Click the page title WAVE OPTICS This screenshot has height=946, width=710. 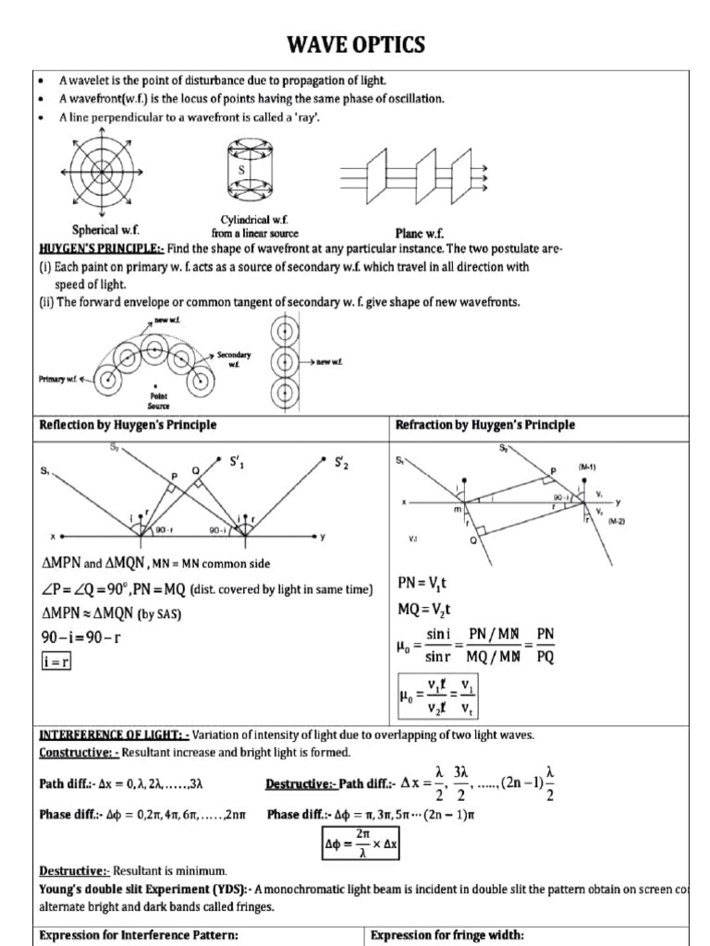(x=355, y=43)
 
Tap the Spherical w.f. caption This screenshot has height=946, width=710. (x=107, y=230)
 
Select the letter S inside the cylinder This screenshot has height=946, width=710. (x=241, y=171)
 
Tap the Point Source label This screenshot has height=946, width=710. (x=158, y=400)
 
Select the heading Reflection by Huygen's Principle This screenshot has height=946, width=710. (x=128, y=425)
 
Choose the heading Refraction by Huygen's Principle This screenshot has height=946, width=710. (x=484, y=425)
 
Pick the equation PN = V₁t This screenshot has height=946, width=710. (x=428, y=583)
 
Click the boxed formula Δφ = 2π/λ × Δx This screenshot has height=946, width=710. (x=369, y=843)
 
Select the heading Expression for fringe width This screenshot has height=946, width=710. (x=447, y=935)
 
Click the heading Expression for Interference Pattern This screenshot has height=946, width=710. (x=139, y=935)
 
